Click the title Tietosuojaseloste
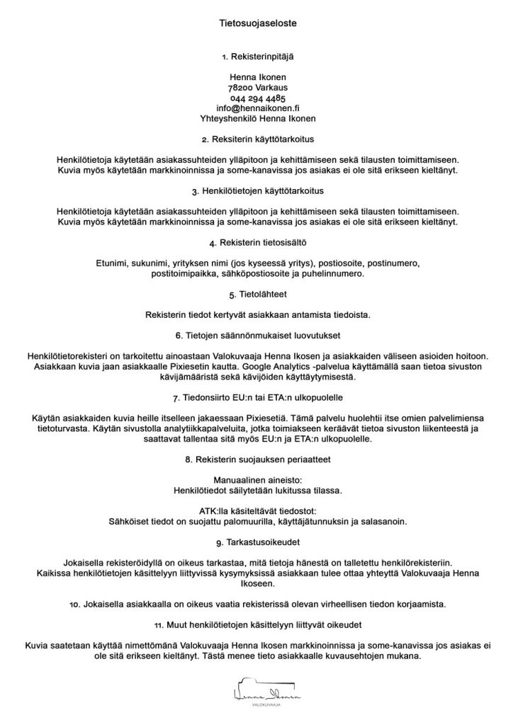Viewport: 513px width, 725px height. click(x=256, y=23)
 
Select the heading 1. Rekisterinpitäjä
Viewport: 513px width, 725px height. click(x=256, y=55)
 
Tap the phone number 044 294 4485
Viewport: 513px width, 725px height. click(x=257, y=98)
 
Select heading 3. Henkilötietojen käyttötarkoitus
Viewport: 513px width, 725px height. click(x=257, y=192)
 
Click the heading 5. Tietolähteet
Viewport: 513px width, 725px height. click(x=257, y=294)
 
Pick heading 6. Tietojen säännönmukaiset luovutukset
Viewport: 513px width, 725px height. click(x=257, y=334)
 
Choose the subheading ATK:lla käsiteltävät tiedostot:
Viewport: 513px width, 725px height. click(x=257, y=510)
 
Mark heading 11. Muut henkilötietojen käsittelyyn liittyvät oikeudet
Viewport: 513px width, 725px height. click(x=257, y=625)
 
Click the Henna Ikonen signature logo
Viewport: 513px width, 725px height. click(x=256, y=690)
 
